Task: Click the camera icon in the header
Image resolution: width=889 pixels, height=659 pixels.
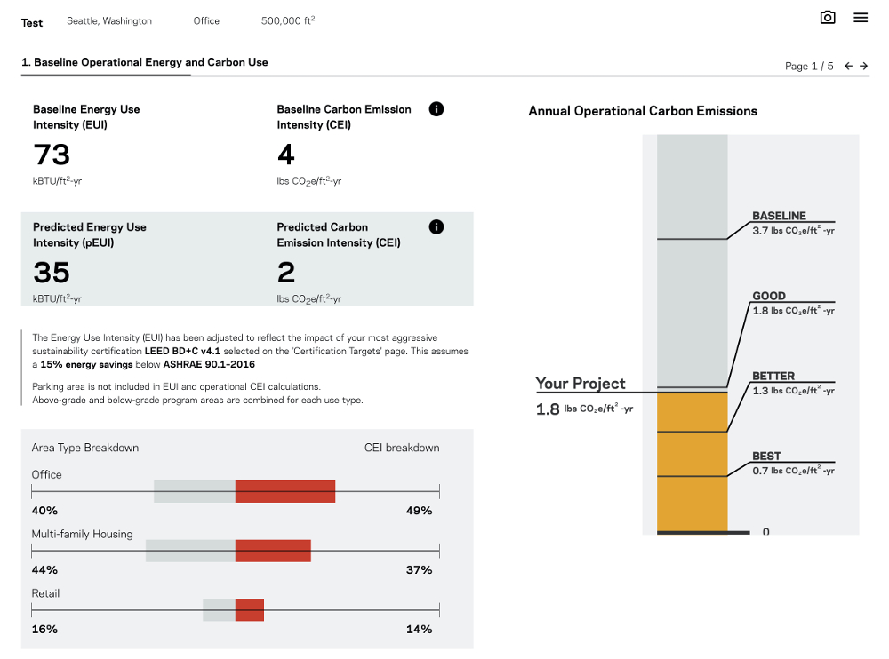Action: (x=828, y=18)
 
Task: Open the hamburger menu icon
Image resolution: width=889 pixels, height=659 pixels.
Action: (x=861, y=18)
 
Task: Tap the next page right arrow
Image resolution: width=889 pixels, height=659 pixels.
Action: (x=864, y=66)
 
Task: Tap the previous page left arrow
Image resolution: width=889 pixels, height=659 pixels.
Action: (x=848, y=66)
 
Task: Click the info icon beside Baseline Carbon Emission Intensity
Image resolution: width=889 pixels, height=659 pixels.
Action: (x=436, y=109)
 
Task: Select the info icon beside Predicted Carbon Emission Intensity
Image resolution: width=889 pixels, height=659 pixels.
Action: (x=436, y=226)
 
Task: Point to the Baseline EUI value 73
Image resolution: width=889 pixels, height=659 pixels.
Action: (x=52, y=155)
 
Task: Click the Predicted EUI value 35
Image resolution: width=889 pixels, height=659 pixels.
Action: (x=52, y=272)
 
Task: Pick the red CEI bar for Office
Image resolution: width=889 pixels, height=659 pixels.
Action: (x=285, y=491)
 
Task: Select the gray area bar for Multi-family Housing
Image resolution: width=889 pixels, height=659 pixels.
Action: (x=190, y=551)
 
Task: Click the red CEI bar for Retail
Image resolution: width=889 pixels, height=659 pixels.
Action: (x=250, y=610)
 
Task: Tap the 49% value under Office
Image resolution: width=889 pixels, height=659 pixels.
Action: (x=419, y=511)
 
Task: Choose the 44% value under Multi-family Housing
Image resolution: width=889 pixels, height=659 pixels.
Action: (x=44, y=570)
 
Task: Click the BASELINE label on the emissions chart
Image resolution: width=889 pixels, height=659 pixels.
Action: (x=779, y=216)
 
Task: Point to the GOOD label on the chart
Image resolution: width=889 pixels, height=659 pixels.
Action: (x=769, y=296)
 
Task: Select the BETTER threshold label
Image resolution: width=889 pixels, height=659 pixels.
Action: (x=773, y=376)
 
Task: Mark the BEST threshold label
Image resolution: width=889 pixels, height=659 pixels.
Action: (x=766, y=456)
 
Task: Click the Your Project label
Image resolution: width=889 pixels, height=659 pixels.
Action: (x=581, y=384)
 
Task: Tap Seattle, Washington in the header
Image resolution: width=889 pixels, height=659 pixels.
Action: (x=109, y=21)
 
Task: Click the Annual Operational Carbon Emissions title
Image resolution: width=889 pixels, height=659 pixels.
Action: (x=643, y=111)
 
